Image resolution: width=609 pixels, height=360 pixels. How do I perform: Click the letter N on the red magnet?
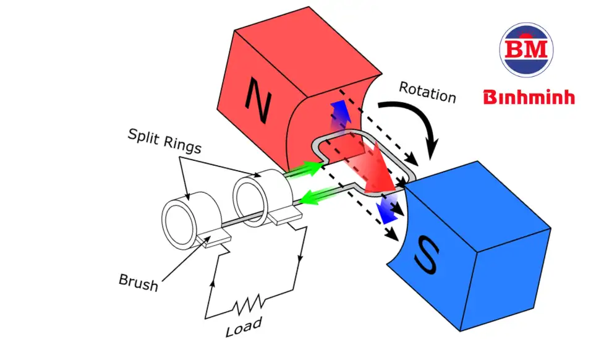pyautogui.click(x=258, y=100)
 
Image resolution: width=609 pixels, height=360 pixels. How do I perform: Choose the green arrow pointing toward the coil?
pyautogui.click(x=307, y=168)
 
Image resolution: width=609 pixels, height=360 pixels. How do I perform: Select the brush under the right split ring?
pyautogui.click(x=285, y=216)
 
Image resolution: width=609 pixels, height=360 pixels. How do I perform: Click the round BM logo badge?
pyautogui.click(x=526, y=49)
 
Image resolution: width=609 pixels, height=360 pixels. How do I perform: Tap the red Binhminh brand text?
pyautogui.click(x=529, y=97)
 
